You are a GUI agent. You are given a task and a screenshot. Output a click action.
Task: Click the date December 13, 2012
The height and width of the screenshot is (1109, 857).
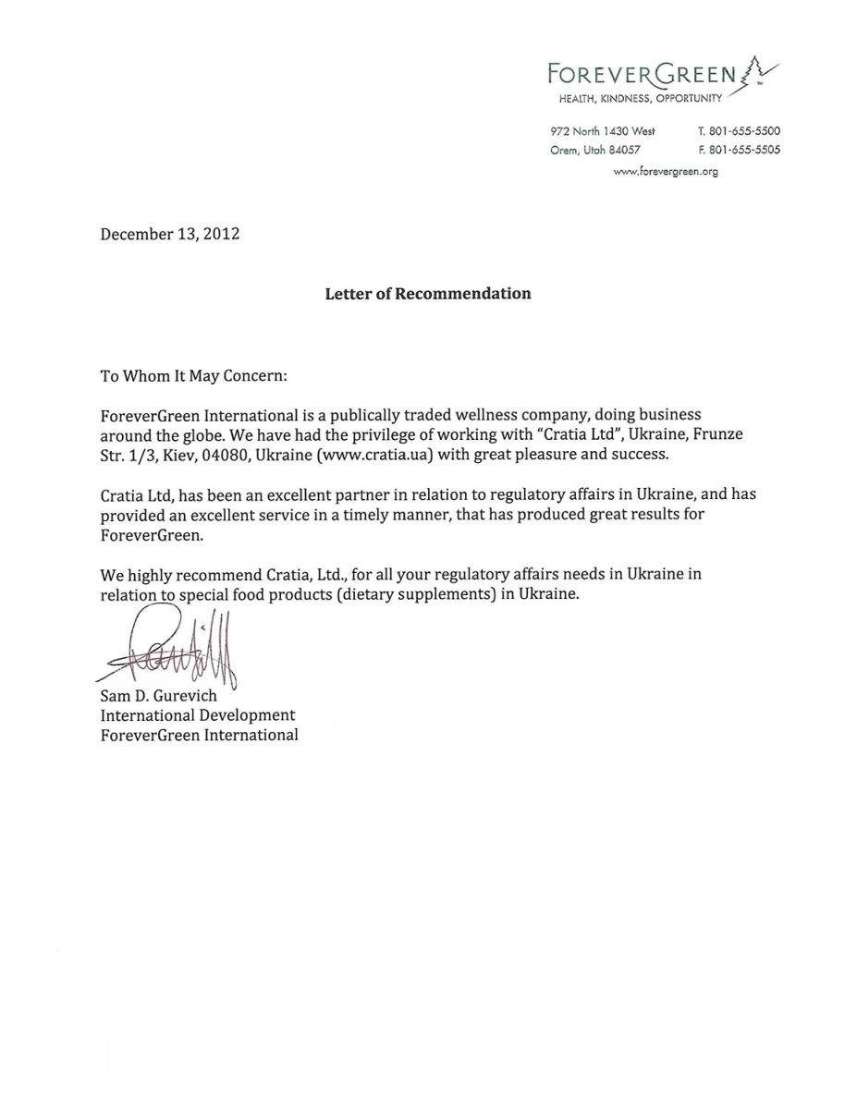click(170, 234)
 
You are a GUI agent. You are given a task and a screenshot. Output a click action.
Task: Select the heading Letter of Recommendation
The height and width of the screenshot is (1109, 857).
click(427, 294)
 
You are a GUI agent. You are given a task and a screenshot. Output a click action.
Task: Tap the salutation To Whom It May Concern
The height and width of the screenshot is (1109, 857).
click(194, 376)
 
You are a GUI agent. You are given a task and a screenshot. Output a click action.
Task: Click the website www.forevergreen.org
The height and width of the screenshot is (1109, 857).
click(666, 171)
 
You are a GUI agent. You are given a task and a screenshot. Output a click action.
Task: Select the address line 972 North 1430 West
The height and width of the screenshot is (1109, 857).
click(602, 131)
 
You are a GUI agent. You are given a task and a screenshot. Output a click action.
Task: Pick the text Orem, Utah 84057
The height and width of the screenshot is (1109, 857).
click(595, 150)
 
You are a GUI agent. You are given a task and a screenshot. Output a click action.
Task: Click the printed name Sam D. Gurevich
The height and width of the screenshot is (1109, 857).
click(159, 696)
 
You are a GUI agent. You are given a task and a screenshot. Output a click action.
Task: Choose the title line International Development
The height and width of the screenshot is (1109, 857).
click(198, 715)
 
